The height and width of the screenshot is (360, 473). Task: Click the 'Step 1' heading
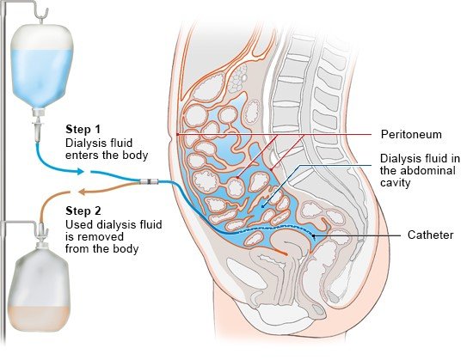83,129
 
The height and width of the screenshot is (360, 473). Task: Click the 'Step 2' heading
83,211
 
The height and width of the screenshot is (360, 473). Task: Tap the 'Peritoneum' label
411,134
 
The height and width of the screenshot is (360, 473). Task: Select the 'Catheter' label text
431,235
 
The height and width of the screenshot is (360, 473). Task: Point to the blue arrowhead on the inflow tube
80,172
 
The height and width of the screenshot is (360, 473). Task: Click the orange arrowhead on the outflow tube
82,192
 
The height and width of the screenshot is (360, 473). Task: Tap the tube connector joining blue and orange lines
149,181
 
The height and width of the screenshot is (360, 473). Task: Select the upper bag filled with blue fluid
42,65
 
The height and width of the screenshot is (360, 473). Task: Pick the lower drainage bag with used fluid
39,290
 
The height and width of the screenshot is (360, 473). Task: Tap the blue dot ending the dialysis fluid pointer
263,207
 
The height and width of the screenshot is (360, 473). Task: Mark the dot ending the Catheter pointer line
313,235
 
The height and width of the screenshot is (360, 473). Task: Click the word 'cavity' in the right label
396,183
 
